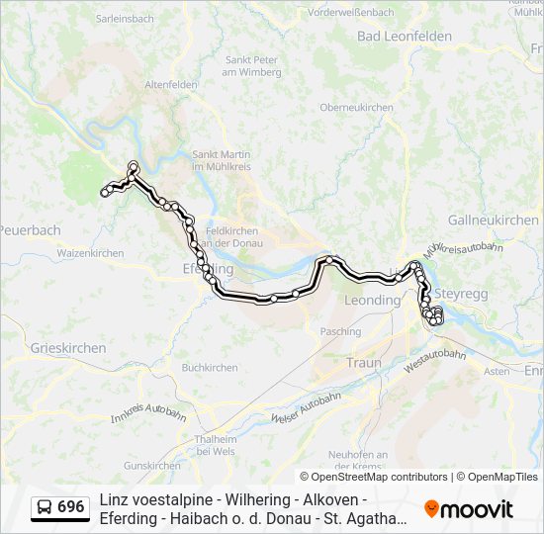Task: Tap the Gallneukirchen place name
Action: click(x=493, y=220)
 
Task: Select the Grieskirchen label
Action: click(x=68, y=348)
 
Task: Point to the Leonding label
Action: click(x=371, y=300)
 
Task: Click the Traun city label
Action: click(x=363, y=363)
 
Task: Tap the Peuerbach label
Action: click(x=30, y=230)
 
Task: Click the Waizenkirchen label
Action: click(x=90, y=253)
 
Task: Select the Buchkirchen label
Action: click(x=210, y=368)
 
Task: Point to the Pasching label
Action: click(x=341, y=332)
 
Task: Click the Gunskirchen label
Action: click(x=152, y=466)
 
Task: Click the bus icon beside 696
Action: click(x=44, y=507)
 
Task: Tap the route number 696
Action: click(x=71, y=507)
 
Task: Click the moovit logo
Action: click(x=469, y=509)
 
